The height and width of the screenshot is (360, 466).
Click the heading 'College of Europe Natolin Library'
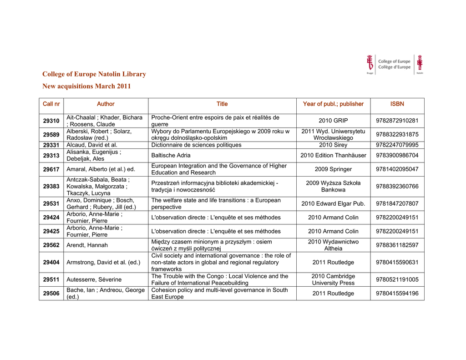(x=94, y=74)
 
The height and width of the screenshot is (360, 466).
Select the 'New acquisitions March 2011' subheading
(x=86, y=86)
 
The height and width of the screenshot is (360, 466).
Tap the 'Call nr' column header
(x=51, y=104)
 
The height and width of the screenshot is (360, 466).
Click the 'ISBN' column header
(x=397, y=104)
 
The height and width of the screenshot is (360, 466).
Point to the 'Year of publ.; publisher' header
(x=333, y=104)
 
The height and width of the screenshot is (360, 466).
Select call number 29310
(x=51, y=121)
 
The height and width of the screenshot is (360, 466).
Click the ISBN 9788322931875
(x=397, y=135)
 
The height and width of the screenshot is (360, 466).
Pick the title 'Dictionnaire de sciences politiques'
(x=196, y=145)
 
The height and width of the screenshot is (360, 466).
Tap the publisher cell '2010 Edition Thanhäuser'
(x=333, y=155)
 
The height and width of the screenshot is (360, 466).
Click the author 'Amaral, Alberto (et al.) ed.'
(x=101, y=169)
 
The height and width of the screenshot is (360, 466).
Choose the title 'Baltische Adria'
(x=171, y=155)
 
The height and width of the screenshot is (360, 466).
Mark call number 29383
(x=51, y=187)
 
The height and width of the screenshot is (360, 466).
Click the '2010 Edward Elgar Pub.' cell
(x=333, y=203)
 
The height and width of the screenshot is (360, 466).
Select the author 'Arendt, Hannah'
(x=87, y=245)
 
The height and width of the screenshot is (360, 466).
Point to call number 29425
(x=51, y=231)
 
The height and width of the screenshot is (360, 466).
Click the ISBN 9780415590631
(x=397, y=262)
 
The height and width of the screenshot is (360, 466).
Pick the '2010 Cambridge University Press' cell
(x=333, y=279)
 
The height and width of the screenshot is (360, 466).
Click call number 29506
(x=51, y=294)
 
